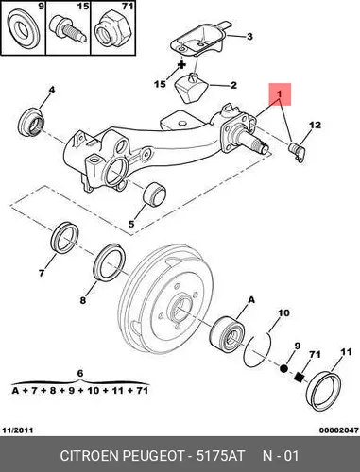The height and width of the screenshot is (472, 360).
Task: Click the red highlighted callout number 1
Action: coord(279,94)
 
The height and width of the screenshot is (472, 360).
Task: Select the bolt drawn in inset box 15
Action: coord(67,28)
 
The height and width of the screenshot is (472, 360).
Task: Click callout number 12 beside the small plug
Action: coord(316,125)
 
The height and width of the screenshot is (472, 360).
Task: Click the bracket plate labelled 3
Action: coord(198,40)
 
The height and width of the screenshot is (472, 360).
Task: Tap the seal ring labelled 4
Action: coord(31,121)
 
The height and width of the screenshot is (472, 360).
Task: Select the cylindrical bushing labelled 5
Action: coord(154,194)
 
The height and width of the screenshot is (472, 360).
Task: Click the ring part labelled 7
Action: coord(64,237)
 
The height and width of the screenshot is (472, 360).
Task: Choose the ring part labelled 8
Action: coord(110,261)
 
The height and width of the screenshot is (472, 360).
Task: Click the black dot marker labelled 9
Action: coord(283,368)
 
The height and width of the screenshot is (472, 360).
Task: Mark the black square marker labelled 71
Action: coord(299,377)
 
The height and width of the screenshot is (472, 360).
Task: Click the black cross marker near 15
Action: coord(181,65)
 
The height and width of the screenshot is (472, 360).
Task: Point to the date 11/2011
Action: coord(18,430)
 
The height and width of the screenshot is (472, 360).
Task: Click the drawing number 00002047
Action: coord(339,430)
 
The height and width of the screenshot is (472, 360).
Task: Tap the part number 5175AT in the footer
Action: coord(220,456)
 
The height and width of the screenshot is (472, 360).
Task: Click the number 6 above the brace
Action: coord(80,373)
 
